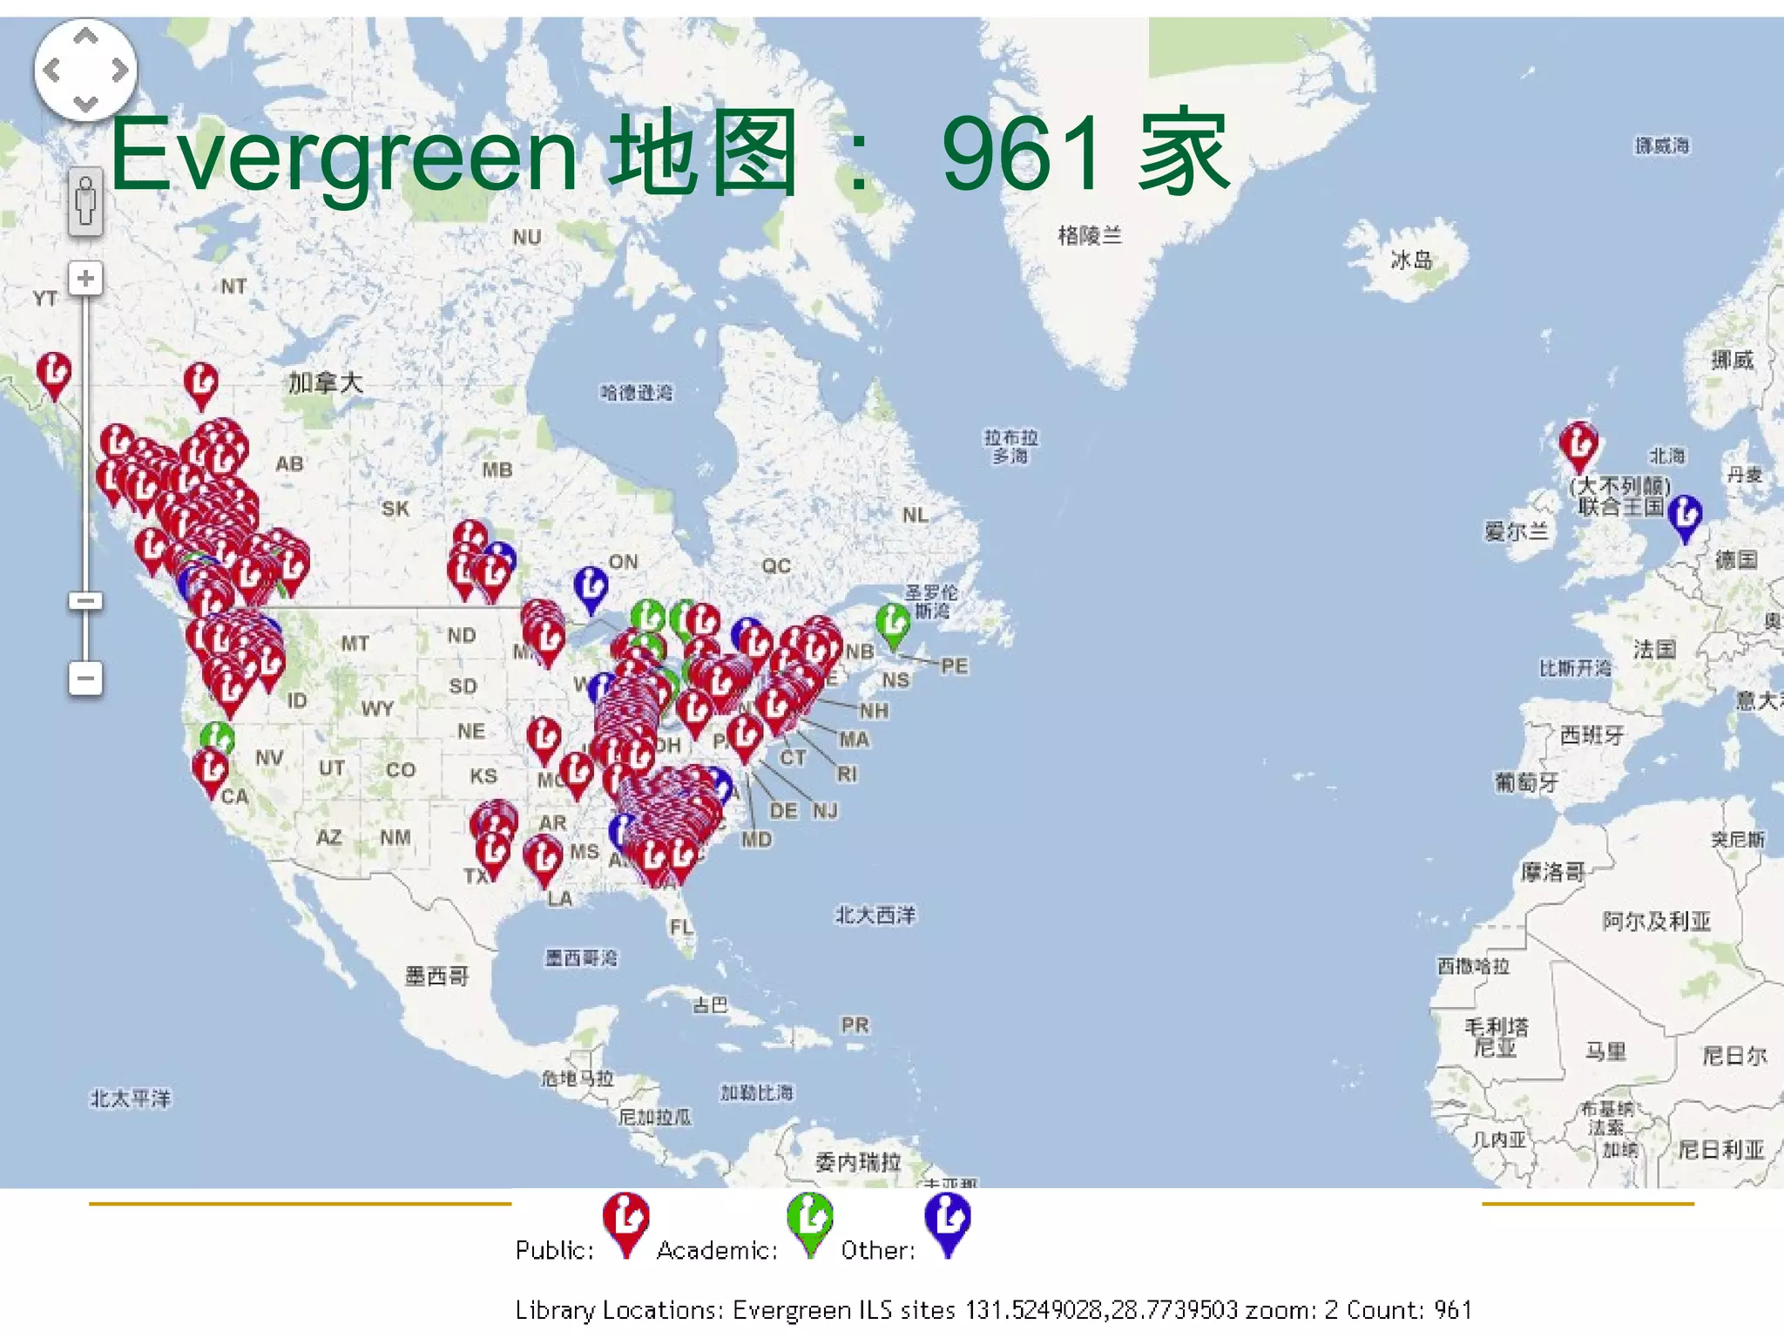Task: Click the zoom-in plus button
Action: click(x=85, y=279)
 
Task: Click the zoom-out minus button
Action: click(x=85, y=678)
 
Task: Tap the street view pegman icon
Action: click(x=85, y=201)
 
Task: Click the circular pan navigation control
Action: click(x=85, y=70)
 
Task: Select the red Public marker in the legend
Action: click(x=625, y=1220)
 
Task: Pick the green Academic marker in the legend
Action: click(x=810, y=1220)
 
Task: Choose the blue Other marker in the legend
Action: click(x=948, y=1220)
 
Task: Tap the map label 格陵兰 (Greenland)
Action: click(x=1090, y=235)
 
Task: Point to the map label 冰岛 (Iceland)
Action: click(x=1411, y=260)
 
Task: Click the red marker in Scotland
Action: click(x=1578, y=444)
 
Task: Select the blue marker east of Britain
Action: click(x=1685, y=516)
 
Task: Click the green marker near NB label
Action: click(x=893, y=624)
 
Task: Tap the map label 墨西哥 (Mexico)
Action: click(x=437, y=976)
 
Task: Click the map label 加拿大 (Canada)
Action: click(x=326, y=382)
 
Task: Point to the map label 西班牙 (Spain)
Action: click(x=1591, y=735)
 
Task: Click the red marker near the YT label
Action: click(x=54, y=373)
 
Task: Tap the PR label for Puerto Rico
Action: click(x=855, y=1025)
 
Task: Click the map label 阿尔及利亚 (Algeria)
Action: click(x=1656, y=921)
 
